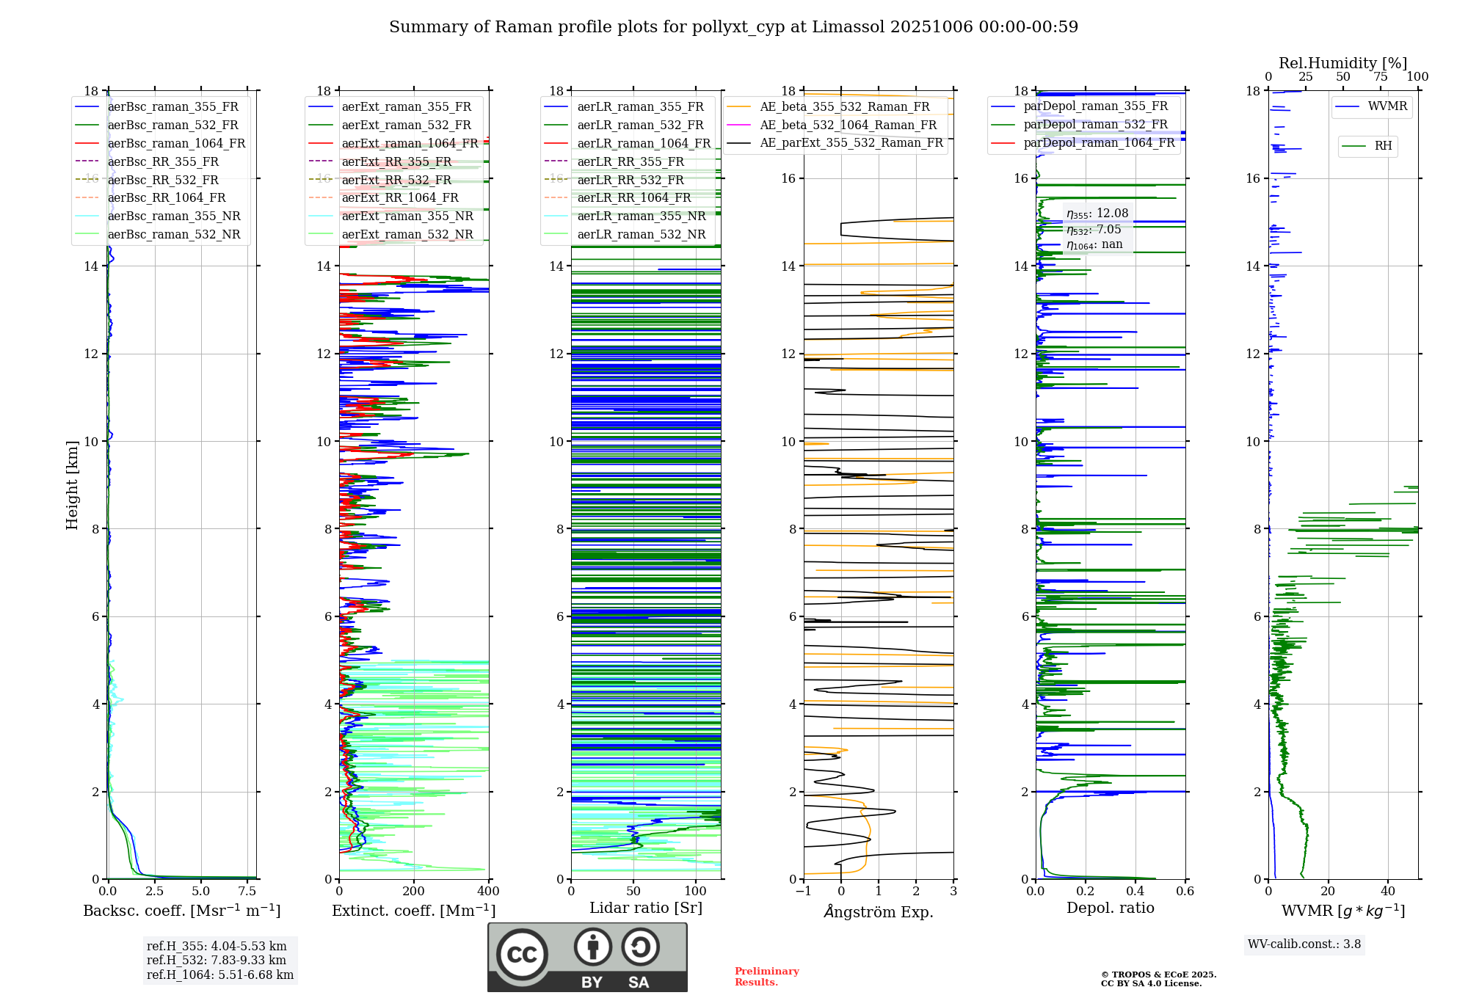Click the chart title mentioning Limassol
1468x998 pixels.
[733, 27]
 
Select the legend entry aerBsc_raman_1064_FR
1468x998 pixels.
[176, 143]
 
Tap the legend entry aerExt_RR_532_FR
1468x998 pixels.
[396, 180]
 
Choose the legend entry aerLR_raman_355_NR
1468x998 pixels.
[641, 216]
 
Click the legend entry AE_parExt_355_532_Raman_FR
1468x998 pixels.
[851, 142]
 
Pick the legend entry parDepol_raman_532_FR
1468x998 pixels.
[1095, 125]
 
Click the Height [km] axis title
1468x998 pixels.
[72, 485]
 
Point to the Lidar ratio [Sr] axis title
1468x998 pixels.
[646, 908]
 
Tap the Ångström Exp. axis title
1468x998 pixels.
[879, 911]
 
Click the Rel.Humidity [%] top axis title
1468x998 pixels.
[1342, 63]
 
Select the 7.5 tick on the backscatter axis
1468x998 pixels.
[247, 892]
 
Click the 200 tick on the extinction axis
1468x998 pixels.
[413, 892]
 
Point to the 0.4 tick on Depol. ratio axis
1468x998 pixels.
[1135, 892]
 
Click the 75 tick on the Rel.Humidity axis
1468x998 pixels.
[1381, 77]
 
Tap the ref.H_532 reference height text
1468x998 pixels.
[216, 960]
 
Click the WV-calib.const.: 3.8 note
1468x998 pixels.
[1304, 944]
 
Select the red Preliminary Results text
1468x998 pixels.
[766, 977]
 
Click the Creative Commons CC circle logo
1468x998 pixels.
[522, 955]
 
